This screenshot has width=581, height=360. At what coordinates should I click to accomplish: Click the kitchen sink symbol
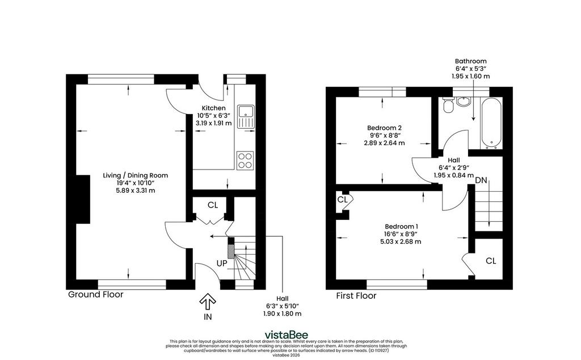click(246, 116)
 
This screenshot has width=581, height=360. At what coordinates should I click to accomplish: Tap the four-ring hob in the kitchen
click(245, 161)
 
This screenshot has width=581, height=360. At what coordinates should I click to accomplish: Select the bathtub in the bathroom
click(491, 123)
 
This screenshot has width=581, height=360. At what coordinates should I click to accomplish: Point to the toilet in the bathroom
click(448, 104)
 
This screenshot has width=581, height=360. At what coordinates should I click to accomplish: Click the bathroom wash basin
click(463, 101)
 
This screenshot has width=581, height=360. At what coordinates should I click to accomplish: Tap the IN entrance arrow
click(208, 302)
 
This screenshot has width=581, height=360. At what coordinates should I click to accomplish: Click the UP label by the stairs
click(222, 263)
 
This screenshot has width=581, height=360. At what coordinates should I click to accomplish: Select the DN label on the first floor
click(481, 180)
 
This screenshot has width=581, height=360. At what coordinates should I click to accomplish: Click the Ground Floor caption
click(95, 294)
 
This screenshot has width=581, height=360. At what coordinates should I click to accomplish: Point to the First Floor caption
click(356, 295)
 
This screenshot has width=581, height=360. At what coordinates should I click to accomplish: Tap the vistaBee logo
click(286, 335)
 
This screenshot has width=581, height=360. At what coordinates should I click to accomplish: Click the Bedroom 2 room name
click(384, 128)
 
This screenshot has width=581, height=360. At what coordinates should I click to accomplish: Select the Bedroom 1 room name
click(402, 226)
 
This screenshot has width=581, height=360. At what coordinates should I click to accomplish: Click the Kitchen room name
click(213, 108)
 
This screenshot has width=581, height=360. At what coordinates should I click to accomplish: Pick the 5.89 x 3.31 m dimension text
click(135, 190)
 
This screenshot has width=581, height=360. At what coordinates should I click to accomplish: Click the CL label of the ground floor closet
click(213, 205)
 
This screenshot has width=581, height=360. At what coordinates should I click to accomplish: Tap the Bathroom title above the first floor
click(470, 61)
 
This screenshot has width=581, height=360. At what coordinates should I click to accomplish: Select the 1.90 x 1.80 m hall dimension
click(283, 314)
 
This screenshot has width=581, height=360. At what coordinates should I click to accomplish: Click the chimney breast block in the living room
click(83, 199)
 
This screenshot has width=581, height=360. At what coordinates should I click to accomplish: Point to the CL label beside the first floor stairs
click(491, 261)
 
